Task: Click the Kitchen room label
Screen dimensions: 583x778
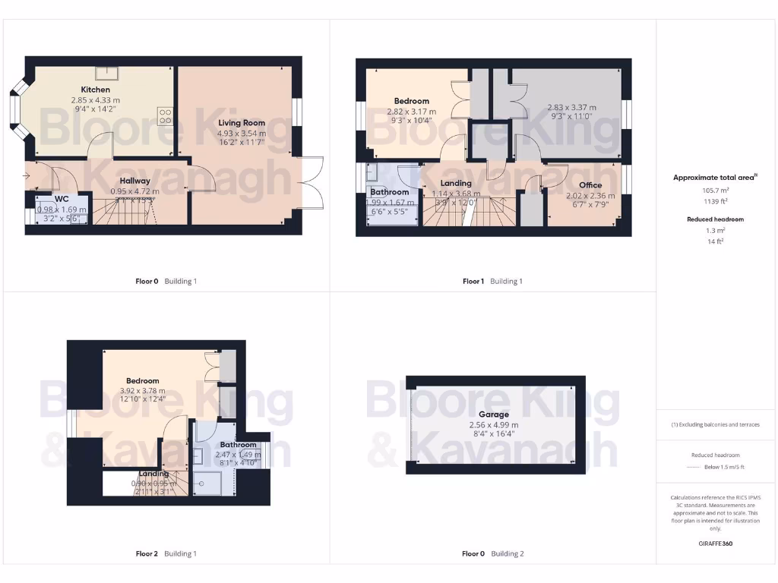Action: coord(96,90)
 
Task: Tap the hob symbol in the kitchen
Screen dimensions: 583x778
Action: coord(165,116)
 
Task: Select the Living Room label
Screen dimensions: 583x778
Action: coord(241,123)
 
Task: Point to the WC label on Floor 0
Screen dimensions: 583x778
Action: coord(61,199)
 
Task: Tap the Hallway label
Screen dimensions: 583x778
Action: coord(134,181)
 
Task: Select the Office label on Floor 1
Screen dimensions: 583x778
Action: coord(590,185)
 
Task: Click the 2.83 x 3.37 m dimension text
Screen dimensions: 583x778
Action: coord(571,108)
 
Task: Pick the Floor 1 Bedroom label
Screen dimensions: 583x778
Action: coord(411,101)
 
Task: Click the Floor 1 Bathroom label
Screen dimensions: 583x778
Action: coord(389,192)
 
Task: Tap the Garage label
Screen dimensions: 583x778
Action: coord(493,414)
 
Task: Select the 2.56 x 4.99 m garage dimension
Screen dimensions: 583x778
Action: coord(493,425)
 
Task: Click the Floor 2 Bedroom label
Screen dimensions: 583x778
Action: coord(142,381)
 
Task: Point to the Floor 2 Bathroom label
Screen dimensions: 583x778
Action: coord(238,445)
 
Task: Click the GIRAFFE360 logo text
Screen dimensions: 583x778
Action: coord(714,544)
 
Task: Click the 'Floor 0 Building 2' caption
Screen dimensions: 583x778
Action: coord(492,553)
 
